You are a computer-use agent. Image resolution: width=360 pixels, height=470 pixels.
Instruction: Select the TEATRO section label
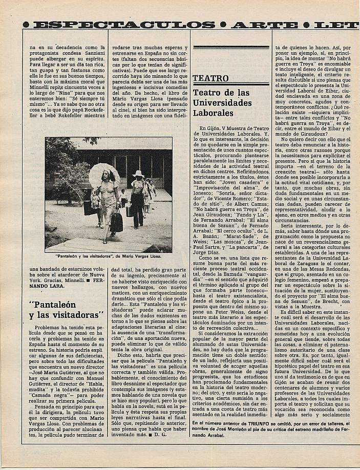[x=211, y=78]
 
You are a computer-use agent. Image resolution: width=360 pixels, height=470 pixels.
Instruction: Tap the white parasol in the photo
[x=104, y=174]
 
